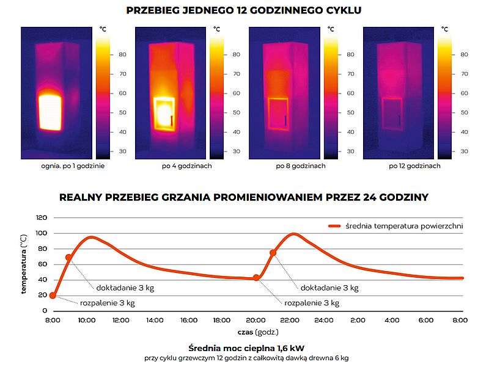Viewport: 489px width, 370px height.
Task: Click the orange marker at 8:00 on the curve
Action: coord(53,296)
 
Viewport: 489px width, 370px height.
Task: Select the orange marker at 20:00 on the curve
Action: coord(256,278)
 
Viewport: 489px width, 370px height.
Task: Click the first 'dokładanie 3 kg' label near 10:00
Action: coord(125,288)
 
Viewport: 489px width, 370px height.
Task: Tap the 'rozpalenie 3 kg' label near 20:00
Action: coord(312,303)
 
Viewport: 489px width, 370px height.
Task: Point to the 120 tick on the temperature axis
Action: coord(42,217)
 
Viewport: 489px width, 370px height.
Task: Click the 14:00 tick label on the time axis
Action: coord(154,320)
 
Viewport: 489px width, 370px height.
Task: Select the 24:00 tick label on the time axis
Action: coord(323,320)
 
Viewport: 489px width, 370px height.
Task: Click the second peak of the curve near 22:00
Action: coord(294,234)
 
